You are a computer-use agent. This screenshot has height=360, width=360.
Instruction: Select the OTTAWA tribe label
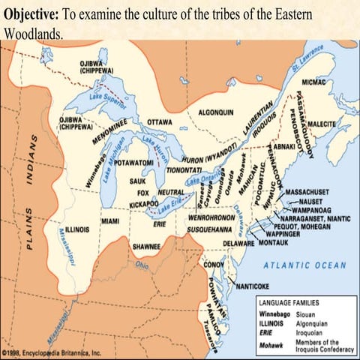click(x=159, y=121)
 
